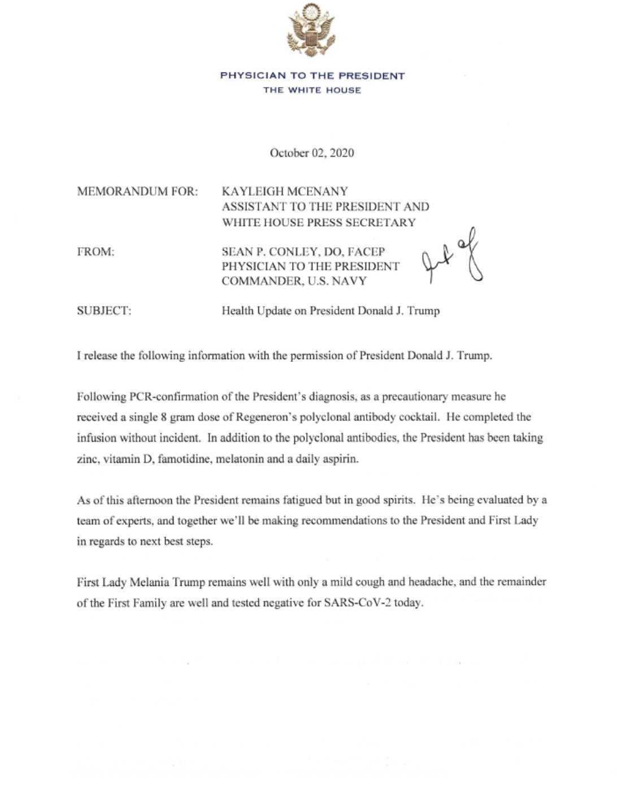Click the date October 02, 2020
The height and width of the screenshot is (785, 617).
pos(312,153)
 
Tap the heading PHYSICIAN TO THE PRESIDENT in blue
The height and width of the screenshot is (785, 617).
pos(312,76)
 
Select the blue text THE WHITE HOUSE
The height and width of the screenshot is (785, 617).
pos(312,90)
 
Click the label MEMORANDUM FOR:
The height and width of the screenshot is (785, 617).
pos(137,192)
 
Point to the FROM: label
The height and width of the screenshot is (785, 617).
pos(95,252)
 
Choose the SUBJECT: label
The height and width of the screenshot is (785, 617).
pos(104,311)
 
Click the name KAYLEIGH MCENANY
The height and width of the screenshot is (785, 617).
pos(285,192)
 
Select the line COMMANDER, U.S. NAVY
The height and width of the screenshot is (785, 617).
pos(294,281)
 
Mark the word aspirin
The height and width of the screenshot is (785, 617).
pos(341,459)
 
